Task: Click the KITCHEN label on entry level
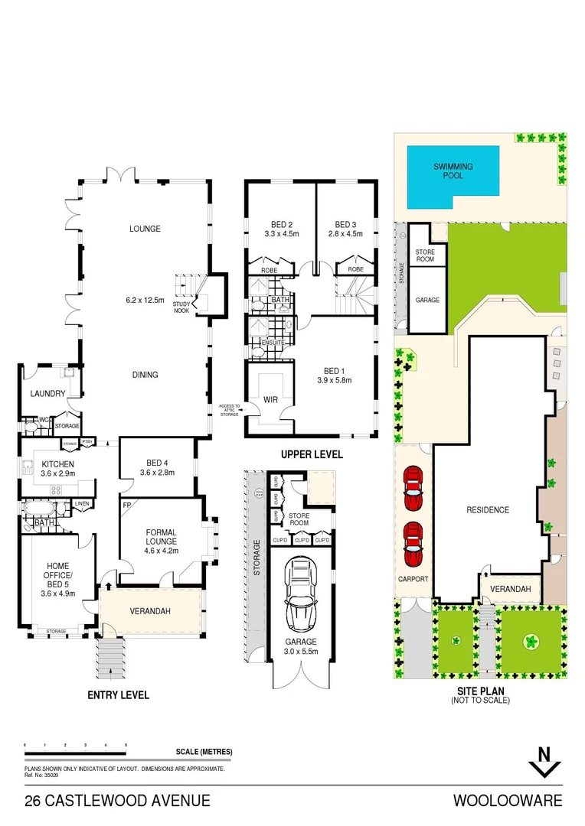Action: pos(57,463)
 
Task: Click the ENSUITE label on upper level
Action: pos(273,342)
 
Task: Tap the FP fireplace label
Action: pos(126,506)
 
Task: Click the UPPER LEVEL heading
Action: pos(312,454)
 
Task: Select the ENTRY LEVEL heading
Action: pos(118,695)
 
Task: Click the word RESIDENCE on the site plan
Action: pos(488,510)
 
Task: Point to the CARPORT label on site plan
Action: pos(413,579)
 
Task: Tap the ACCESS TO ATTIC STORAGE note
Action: pos(229,410)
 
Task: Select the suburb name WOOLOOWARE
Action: pos(508,801)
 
